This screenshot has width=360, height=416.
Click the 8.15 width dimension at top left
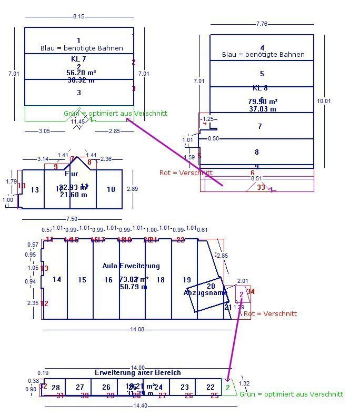coord(78,17)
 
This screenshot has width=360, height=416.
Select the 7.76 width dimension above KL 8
coord(262,24)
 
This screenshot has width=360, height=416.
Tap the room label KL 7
coord(78,58)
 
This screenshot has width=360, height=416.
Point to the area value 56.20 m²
coord(81,73)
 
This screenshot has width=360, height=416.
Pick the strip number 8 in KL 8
coord(257,152)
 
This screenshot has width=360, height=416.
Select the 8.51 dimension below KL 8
coord(256,179)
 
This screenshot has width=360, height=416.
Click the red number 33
coord(261,187)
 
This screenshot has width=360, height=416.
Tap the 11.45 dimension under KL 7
coord(78,121)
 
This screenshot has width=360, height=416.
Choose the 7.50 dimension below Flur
coord(72,219)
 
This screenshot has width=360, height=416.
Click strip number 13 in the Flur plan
coord(35,190)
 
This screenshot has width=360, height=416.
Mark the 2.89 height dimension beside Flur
coord(133,188)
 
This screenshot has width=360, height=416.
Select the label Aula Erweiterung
coord(131,266)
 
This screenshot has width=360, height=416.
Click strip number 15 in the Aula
coord(82,280)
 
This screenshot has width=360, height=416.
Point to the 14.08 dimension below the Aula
coord(137,329)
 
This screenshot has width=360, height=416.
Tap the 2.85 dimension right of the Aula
coord(222,256)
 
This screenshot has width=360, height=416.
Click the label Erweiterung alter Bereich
coord(138,372)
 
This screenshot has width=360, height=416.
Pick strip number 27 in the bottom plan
coord(80,387)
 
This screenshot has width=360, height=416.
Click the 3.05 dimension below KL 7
coord(45,131)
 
